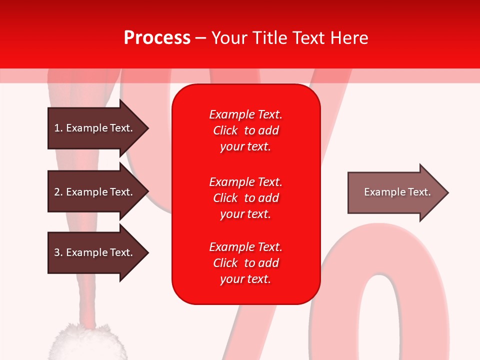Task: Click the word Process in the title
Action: (x=157, y=38)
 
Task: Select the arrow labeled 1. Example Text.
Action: (x=95, y=128)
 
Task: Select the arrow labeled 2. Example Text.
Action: (x=95, y=192)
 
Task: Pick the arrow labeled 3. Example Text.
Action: (x=95, y=252)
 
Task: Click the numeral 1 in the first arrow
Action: (x=57, y=128)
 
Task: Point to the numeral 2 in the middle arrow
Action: (x=57, y=192)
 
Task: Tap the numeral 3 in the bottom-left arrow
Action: (x=57, y=252)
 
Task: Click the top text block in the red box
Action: (x=245, y=130)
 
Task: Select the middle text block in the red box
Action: (x=245, y=198)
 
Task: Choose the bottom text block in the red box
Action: (x=245, y=263)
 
